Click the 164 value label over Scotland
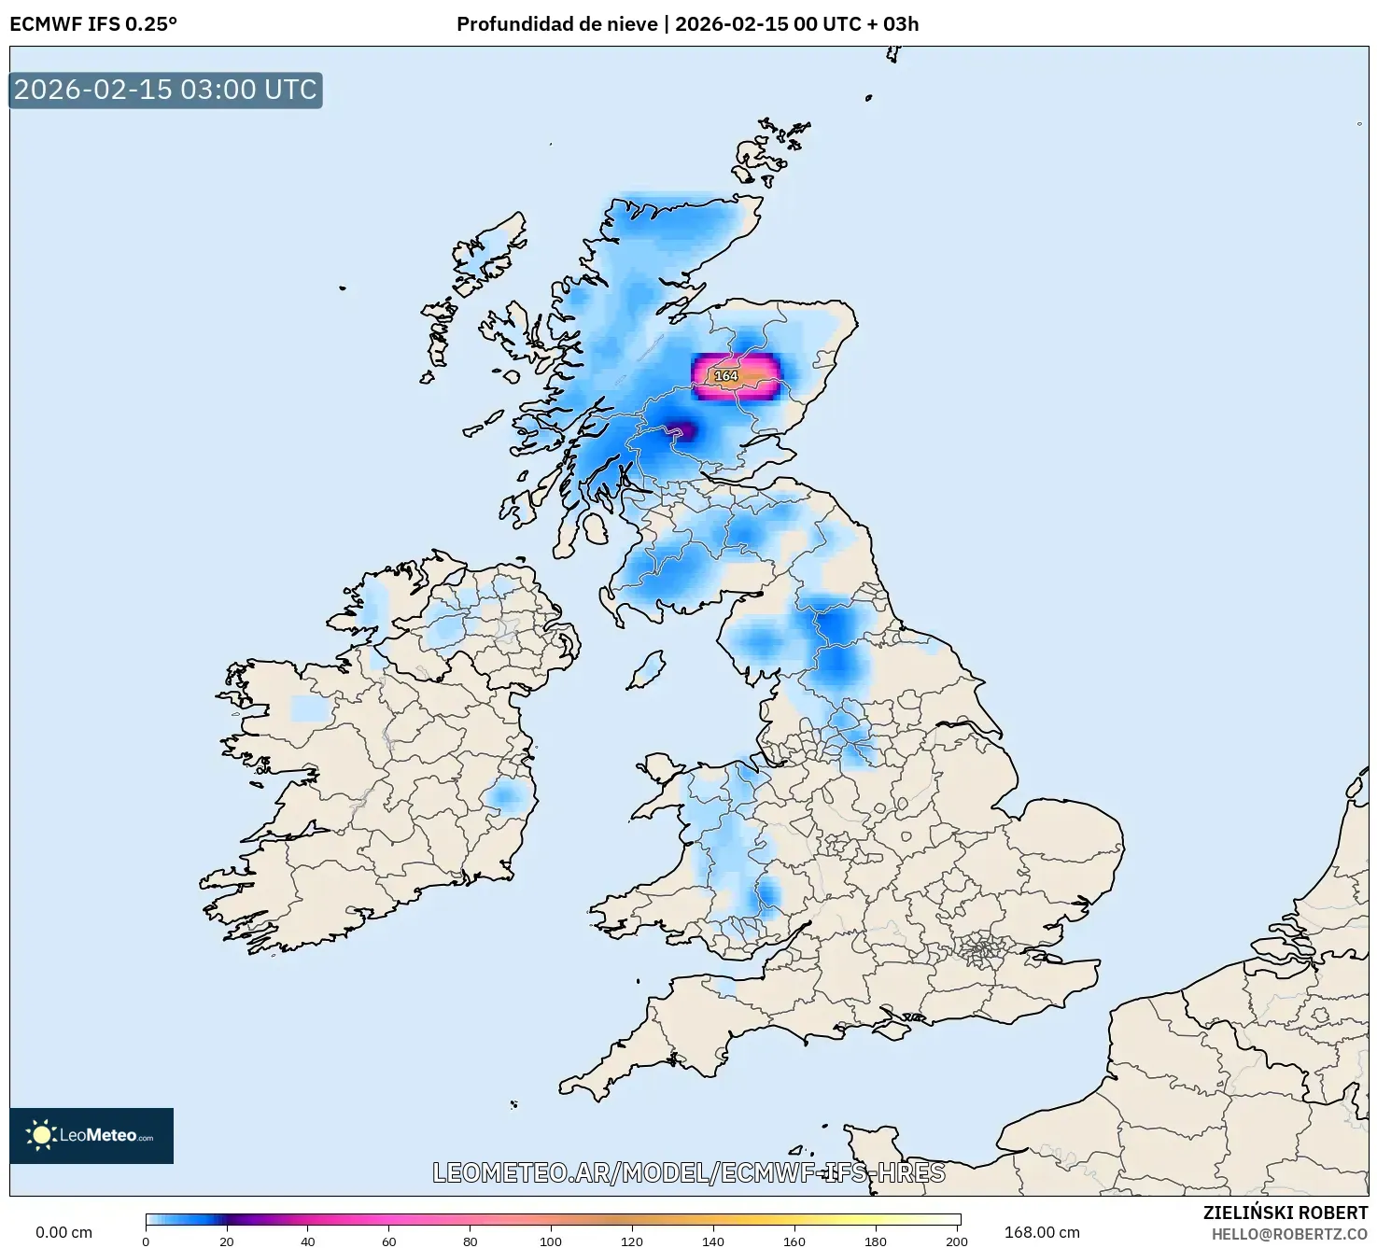tap(725, 375)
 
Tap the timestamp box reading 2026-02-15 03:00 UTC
tap(166, 90)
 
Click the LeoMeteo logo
tap(91, 1135)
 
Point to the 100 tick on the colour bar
tap(551, 1241)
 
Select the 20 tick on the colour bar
tap(227, 1241)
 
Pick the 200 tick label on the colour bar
tap(957, 1241)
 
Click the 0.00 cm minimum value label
tap(63, 1232)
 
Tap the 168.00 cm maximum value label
tap(1042, 1232)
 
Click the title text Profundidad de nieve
tap(556, 24)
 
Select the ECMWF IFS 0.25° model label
tap(92, 24)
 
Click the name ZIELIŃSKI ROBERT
tap(1285, 1213)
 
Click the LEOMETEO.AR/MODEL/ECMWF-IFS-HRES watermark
tap(689, 1172)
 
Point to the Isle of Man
tap(645, 670)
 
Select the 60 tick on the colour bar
tap(388, 1241)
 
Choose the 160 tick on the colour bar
tap(794, 1241)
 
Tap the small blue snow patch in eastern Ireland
tap(507, 796)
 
